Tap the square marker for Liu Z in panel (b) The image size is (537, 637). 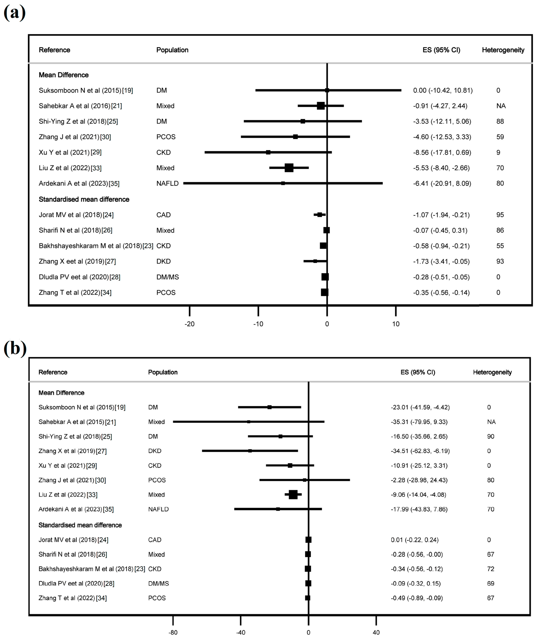(293, 495)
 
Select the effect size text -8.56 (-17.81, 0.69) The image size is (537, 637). (442, 152)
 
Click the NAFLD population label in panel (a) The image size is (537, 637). (167, 183)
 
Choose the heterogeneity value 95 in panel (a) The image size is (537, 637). (500, 215)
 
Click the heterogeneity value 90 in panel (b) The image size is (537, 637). (490, 436)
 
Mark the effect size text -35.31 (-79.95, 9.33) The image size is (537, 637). (419, 422)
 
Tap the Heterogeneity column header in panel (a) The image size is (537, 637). (503, 50)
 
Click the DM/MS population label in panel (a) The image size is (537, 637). (167, 277)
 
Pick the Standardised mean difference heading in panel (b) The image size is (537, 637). (80, 525)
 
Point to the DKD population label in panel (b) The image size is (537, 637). (155, 451)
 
